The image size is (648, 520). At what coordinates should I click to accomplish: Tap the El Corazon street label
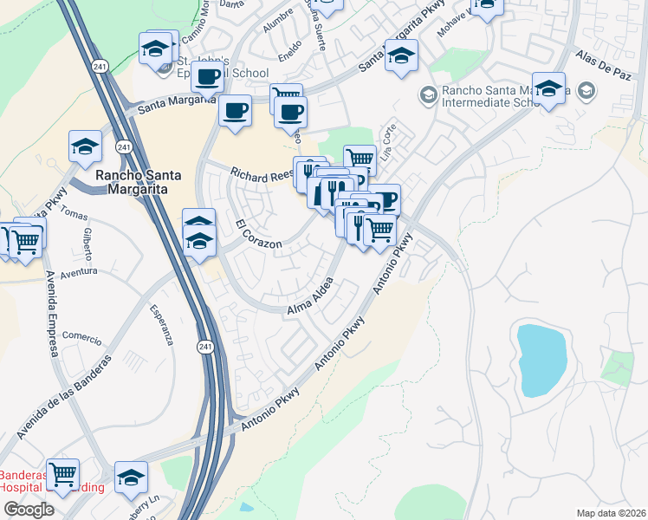[259, 235]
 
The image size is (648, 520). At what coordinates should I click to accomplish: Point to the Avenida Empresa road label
[49, 311]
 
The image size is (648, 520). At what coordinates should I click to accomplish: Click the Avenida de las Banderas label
[63, 398]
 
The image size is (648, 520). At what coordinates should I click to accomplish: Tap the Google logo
[28, 510]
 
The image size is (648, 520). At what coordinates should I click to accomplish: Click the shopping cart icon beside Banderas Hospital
[62, 475]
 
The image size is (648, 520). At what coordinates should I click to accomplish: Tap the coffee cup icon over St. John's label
[208, 76]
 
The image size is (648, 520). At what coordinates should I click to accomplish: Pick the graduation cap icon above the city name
[85, 146]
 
